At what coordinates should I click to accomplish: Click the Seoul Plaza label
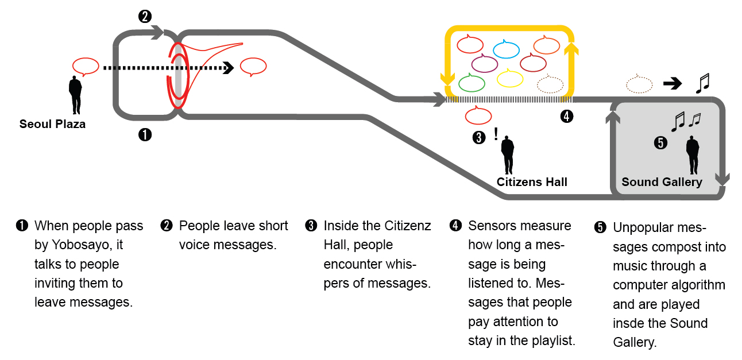(52, 124)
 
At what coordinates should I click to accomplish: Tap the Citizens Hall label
(532, 182)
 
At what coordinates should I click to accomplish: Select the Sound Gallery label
(662, 182)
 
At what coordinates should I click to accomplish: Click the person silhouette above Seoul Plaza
(75, 94)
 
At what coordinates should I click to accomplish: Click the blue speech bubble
(506, 49)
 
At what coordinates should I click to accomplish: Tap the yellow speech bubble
(509, 78)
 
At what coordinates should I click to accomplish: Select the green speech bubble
(472, 83)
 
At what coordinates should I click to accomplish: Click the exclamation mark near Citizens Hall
(496, 135)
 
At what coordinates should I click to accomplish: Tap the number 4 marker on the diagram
(566, 117)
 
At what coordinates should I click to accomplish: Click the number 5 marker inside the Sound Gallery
(661, 143)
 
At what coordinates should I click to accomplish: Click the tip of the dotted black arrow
(231, 68)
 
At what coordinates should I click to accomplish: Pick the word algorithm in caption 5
(697, 285)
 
